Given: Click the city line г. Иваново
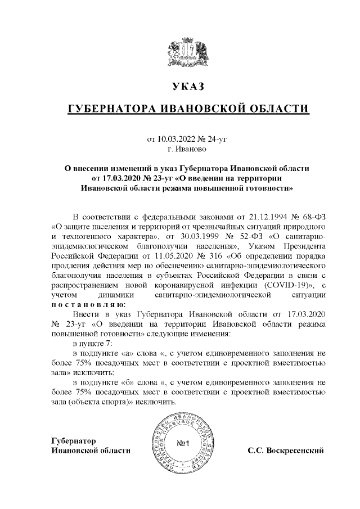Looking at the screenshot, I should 187,148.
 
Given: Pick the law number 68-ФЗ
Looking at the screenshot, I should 309,216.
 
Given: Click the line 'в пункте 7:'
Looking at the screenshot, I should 93,343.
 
